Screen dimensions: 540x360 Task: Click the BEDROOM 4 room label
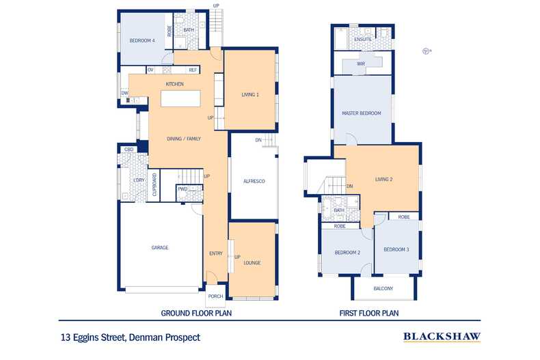tap(142, 40)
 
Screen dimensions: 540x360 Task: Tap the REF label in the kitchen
tap(193, 70)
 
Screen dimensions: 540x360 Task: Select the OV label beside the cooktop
tap(150, 70)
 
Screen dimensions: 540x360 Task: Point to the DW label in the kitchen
tap(124, 93)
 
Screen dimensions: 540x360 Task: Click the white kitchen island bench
tap(180, 98)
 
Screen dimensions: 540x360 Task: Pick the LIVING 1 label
tap(250, 95)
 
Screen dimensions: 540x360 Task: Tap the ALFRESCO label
tap(254, 181)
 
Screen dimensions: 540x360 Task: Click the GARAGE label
tap(160, 247)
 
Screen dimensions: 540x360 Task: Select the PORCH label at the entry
tap(215, 296)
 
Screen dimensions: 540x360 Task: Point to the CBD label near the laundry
tap(129, 150)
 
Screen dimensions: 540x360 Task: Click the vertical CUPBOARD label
tap(154, 184)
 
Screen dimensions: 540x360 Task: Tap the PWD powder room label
tap(183, 189)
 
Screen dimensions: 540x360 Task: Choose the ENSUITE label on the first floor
tap(363, 40)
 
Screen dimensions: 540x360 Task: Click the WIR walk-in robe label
tap(361, 64)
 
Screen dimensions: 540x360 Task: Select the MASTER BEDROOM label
tap(362, 113)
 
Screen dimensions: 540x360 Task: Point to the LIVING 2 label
tap(384, 179)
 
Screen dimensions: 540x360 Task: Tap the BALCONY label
tap(383, 288)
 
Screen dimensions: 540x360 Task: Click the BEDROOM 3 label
tap(396, 249)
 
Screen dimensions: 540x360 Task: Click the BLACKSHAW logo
tap(442, 337)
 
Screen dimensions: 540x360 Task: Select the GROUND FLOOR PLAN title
tap(196, 313)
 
